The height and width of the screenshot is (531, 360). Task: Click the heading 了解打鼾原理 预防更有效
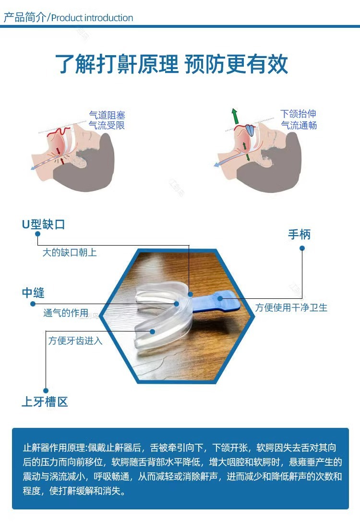click(x=171, y=64)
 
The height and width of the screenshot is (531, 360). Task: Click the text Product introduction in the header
click(x=92, y=18)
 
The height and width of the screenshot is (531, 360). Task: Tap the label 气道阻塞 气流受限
click(x=107, y=120)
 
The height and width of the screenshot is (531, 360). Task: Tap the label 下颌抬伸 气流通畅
click(x=299, y=119)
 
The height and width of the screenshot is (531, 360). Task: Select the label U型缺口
click(x=43, y=224)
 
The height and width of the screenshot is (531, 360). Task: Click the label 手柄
click(x=299, y=234)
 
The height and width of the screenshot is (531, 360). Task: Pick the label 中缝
click(x=33, y=293)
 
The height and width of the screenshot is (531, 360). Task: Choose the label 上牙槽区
click(x=45, y=401)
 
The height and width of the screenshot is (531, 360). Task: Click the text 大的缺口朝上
click(x=70, y=252)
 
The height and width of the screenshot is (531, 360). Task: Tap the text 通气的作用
click(x=66, y=313)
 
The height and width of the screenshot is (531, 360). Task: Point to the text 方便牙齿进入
click(x=75, y=341)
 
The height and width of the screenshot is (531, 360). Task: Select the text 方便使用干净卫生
click(x=291, y=307)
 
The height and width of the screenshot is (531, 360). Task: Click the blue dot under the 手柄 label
click(x=302, y=248)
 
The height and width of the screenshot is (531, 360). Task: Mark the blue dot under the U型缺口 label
click(x=38, y=234)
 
